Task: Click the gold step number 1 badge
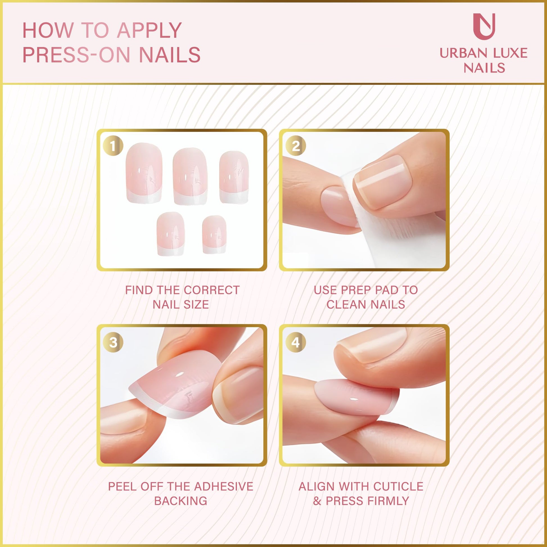click(x=113, y=146)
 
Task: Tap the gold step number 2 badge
click(x=296, y=146)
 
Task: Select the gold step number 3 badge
click(x=113, y=343)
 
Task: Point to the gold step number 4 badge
click(x=296, y=343)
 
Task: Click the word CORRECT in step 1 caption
click(x=212, y=290)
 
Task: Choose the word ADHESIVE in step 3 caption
click(x=224, y=486)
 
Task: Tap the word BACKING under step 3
click(x=181, y=501)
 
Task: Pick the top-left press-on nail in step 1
click(x=144, y=173)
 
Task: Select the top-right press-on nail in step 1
click(x=234, y=177)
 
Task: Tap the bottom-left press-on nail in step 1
click(x=171, y=234)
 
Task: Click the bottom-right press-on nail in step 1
click(x=214, y=234)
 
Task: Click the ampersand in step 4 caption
click(x=317, y=501)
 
